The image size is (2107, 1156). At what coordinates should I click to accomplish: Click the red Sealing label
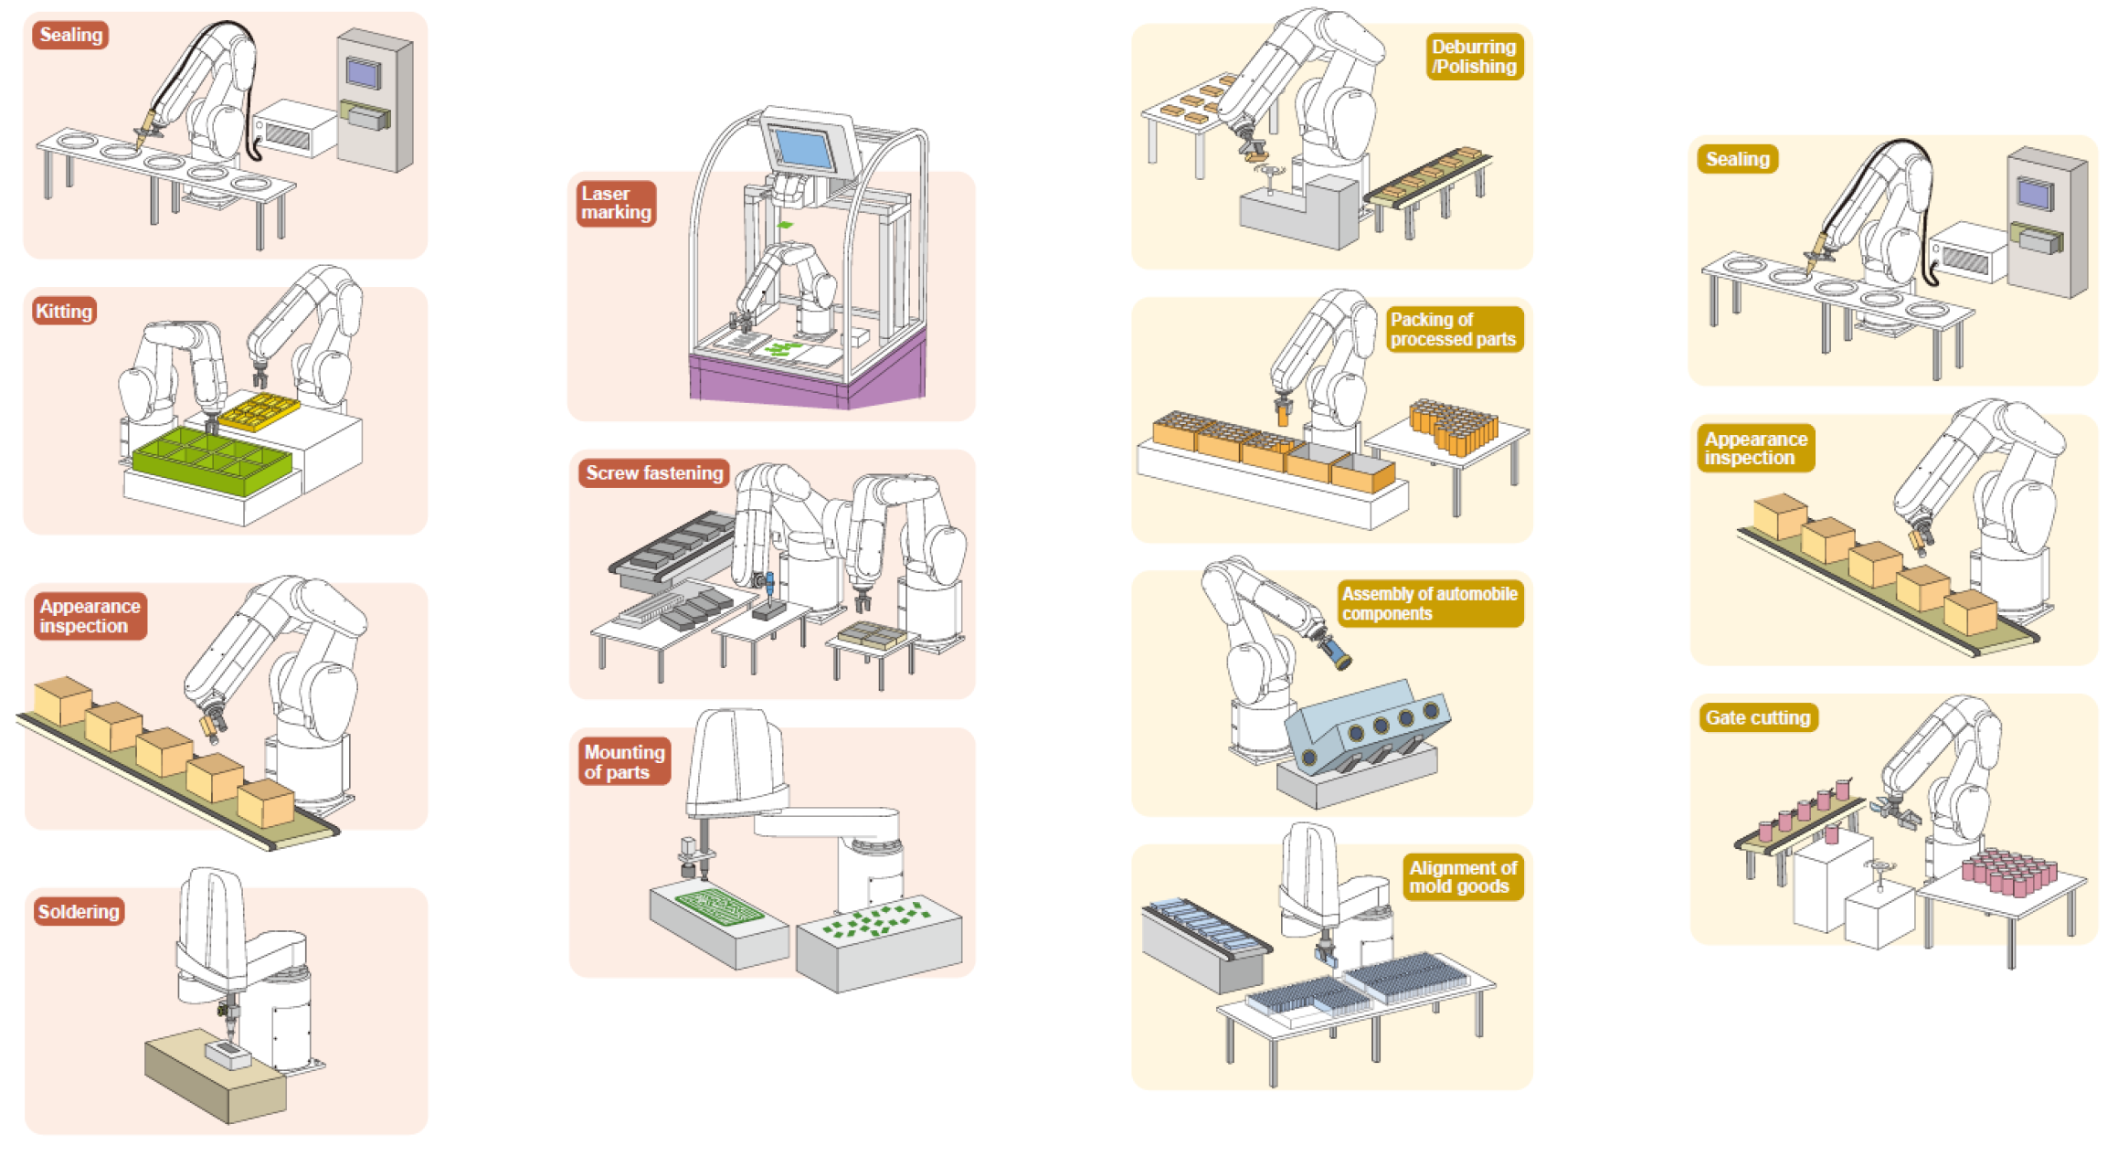click(x=70, y=36)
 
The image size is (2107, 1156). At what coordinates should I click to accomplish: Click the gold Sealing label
click(x=1737, y=159)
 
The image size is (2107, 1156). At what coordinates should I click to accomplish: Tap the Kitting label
click(x=64, y=312)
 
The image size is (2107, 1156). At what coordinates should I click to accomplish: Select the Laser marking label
click(x=616, y=203)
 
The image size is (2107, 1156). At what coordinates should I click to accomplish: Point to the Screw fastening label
click(x=653, y=473)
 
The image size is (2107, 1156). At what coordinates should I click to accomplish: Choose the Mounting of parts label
click(x=624, y=762)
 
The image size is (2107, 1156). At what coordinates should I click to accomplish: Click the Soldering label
click(x=79, y=912)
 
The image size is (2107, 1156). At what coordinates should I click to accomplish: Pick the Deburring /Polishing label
click(x=1474, y=57)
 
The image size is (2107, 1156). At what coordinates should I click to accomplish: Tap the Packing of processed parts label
click(x=1453, y=330)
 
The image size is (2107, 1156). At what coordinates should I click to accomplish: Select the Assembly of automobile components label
click(x=1430, y=604)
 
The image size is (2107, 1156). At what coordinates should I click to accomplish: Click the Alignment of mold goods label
click(x=1462, y=877)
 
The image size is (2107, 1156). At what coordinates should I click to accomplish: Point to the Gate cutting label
click(x=1757, y=718)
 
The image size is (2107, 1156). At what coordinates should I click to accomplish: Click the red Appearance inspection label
click(x=90, y=617)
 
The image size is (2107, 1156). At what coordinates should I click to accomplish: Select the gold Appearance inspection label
click(x=1754, y=449)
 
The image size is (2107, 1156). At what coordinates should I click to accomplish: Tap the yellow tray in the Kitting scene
click(x=259, y=411)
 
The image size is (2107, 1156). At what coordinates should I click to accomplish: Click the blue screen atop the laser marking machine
click(x=804, y=148)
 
